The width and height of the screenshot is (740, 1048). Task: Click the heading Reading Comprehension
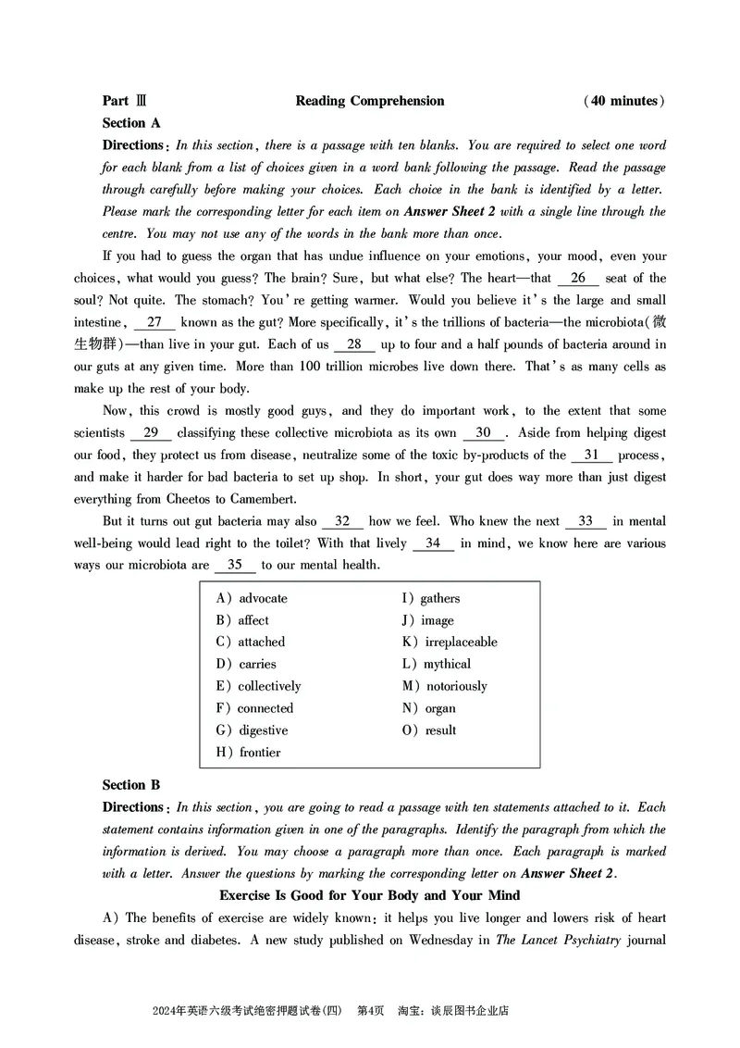point(370,101)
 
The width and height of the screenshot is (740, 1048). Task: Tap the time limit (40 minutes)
point(624,101)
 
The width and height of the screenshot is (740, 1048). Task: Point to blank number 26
point(578,278)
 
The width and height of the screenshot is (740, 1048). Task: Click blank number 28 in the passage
point(354,344)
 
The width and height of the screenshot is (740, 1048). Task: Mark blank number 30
point(483,432)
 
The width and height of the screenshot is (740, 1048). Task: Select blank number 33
point(585,521)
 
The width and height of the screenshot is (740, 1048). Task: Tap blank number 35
point(235,565)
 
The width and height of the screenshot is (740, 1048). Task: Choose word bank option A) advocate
point(252,598)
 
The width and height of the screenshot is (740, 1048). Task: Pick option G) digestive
point(252,730)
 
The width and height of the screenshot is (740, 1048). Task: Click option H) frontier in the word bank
point(248,753)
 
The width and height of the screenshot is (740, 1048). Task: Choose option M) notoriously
point(444,686)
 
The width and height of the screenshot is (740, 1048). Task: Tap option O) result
point(428,730)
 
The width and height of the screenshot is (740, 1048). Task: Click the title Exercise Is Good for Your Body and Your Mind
point(370,895)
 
